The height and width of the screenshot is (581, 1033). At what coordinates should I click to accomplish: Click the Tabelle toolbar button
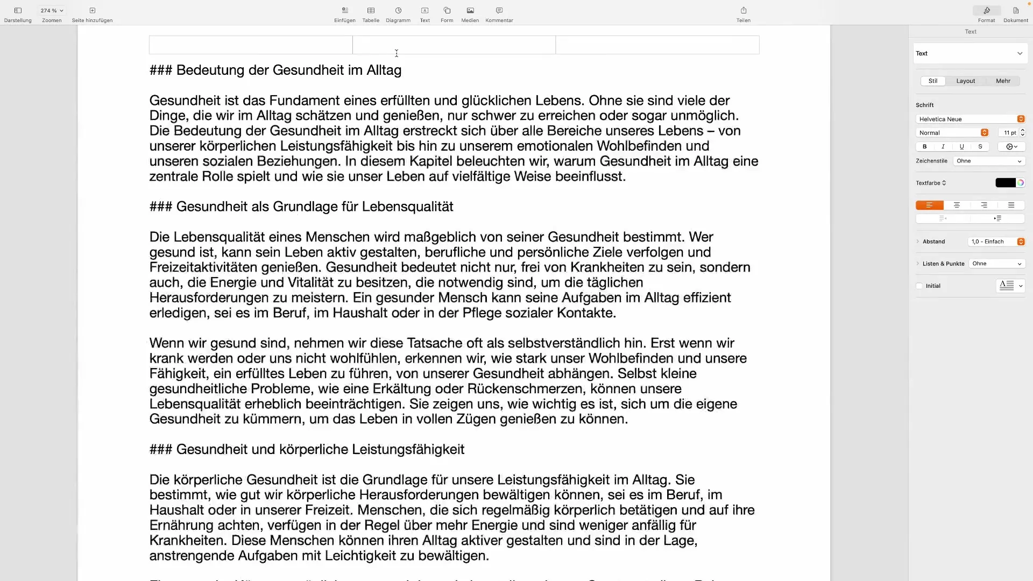click(x=371, y=14)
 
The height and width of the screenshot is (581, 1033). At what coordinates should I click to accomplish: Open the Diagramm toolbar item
click(x=398, y=14)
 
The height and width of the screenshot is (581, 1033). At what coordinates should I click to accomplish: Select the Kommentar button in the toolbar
click(x=499, y=14)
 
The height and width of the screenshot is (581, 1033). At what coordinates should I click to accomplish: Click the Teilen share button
click(x=743, y=14)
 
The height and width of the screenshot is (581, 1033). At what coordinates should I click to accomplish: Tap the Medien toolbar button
click(x=470, y=14)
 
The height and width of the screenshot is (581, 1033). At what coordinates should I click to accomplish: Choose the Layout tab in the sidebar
click(x=965, y=81)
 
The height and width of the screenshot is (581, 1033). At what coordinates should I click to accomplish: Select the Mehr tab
click(x=1003, y=81)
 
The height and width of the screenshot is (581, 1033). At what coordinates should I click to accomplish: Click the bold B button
click(x=924, y=147)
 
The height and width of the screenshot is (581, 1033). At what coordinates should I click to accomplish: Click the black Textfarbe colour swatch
click(x=1005, y=183)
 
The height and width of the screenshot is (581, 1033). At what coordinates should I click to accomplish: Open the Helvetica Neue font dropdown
click(x=971, y=119)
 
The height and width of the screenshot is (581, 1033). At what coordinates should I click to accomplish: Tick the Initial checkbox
click(x=919, y=286)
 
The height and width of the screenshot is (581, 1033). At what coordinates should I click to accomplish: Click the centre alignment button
click(x=957, y=205)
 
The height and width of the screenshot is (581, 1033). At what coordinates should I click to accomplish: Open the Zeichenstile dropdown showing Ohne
click(x=988, y=161)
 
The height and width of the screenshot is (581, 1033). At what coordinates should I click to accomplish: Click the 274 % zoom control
click(x=52, y=11)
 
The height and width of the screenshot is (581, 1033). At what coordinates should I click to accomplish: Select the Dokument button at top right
click(x=1015, y=14)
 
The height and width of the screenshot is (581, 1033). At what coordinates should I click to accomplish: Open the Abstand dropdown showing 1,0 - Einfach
click(x=996, y=242)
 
